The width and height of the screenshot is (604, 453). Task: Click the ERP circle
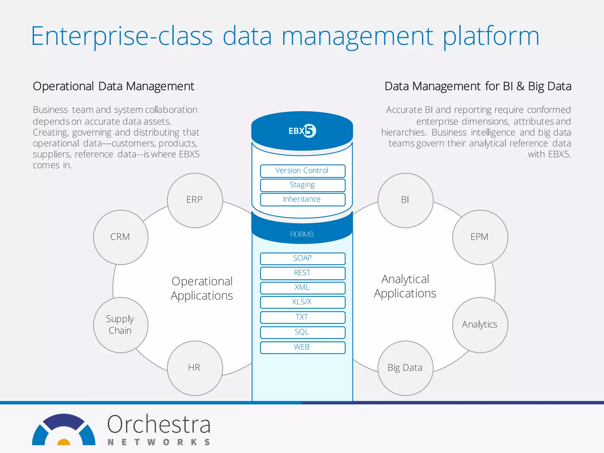click(195, 200)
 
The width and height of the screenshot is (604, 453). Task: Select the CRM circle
click(121, 237)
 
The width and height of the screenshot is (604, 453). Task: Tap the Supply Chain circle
click(121, 325)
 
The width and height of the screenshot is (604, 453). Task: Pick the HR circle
click(195, 368)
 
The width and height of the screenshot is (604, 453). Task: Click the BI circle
click(405, 200)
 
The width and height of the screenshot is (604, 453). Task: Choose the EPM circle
click(480, 237)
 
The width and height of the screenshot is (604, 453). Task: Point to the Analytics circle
click(480, 325)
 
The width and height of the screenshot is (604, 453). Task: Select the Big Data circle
click(405, 368)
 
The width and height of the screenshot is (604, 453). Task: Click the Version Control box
click(302, 171)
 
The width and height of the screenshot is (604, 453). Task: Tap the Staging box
click(302, 185)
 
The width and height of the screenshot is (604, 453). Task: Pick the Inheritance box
click(302, 199)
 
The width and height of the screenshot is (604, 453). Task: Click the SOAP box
click(302, 258)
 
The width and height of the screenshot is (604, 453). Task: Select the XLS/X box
click(302, 302)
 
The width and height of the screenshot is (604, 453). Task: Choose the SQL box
click(302, 332)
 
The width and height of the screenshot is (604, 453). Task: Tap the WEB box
click(302, 347)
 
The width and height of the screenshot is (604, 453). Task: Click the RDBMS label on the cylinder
click(302, 234)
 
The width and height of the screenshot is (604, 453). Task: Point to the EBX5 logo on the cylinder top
click(302, 131)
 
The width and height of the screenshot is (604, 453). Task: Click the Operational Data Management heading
click(113, 86)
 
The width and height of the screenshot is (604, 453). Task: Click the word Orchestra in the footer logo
click(159, 425)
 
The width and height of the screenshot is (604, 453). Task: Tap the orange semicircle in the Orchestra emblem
click(63, 442)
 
